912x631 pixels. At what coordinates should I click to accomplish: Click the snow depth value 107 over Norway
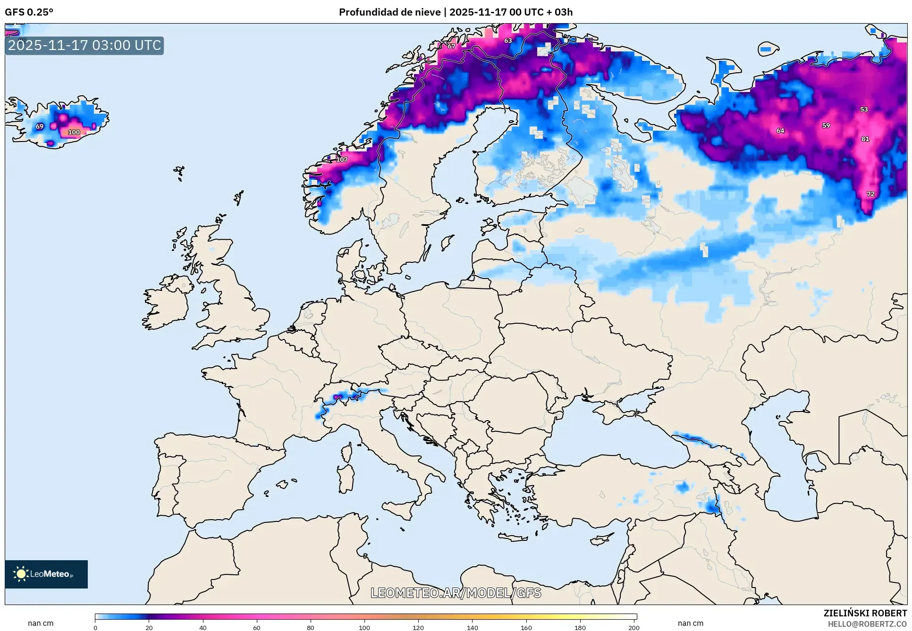point(342,160)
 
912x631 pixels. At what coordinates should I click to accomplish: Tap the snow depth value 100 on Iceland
point(74,132)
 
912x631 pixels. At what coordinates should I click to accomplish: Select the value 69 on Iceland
point(40,126)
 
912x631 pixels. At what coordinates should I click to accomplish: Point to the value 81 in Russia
point(865,139)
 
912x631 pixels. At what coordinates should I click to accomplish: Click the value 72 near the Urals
point(870,194)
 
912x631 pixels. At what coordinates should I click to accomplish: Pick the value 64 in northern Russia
point(780,131)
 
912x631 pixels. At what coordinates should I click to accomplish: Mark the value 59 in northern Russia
point(826,126)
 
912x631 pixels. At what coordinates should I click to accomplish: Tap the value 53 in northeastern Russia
point(863,109)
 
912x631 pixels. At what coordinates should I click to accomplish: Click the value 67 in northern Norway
point(451,46)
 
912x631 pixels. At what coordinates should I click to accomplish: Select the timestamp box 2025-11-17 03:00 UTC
point(84,45)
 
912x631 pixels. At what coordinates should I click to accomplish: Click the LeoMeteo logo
point(46,574)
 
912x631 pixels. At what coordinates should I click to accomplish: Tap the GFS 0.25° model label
point(29,12)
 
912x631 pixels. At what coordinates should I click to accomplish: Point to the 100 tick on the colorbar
point(364,627)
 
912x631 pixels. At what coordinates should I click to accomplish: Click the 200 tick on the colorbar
point(633,627)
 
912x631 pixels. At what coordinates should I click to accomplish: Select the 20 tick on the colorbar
point(149,627)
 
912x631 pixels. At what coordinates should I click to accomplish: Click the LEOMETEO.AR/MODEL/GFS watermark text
point(456,593)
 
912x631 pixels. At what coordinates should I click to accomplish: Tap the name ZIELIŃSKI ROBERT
point(865,613)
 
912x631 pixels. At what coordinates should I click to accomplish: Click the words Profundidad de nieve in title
point(389,12)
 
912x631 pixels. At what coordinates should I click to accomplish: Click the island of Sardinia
point(346,478)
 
